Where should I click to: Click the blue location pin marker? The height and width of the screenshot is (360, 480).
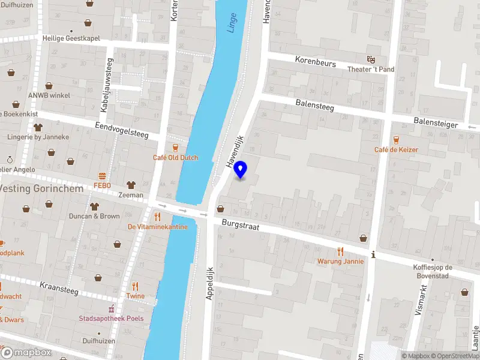241,170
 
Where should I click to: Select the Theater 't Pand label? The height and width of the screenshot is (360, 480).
371,69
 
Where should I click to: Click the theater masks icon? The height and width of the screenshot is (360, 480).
371,59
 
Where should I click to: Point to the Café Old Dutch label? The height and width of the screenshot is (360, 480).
175,158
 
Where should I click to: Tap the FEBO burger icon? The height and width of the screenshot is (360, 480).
102,176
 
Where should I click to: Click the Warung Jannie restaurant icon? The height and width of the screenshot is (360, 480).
341,251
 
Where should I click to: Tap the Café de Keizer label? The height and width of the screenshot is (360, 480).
396,149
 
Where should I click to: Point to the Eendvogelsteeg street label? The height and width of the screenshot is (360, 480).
122,130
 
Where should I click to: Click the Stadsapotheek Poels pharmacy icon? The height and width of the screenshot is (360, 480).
112,309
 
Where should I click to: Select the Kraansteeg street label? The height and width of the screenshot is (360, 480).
59,287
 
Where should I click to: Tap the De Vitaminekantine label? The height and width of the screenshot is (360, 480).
157,227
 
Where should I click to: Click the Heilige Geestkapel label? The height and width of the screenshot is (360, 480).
71,38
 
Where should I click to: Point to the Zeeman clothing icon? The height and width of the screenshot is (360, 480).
131,185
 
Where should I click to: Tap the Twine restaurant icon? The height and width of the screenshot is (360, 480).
136,286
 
